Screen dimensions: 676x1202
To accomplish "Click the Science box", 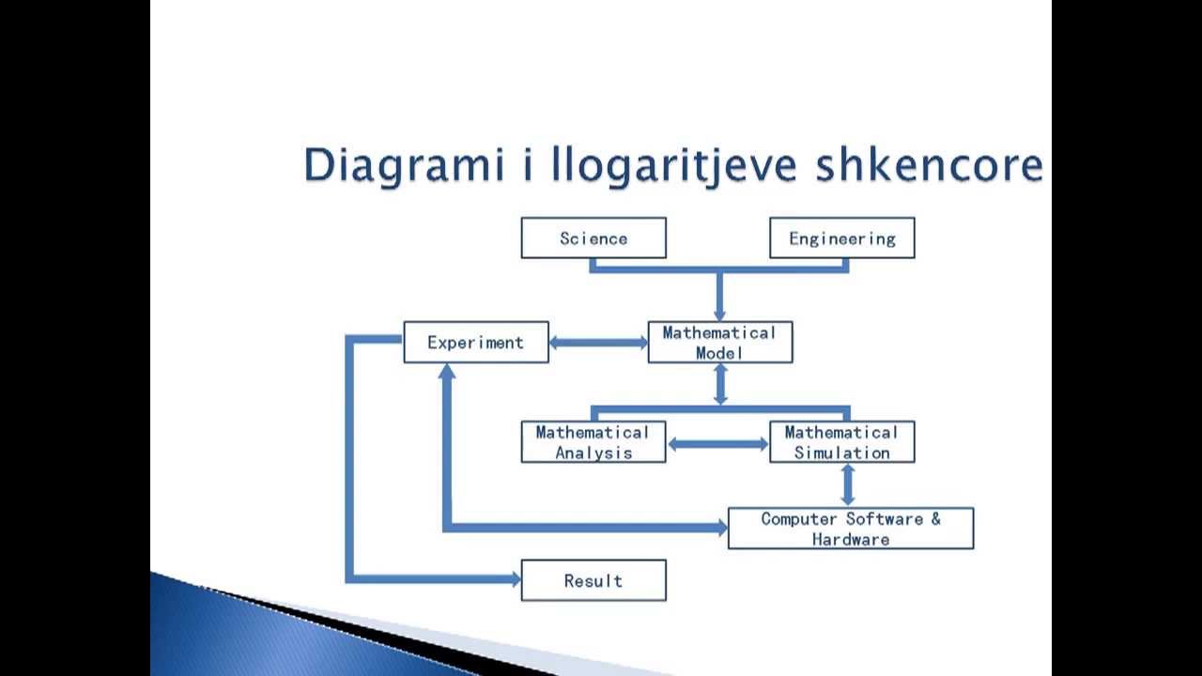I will pos(593,238).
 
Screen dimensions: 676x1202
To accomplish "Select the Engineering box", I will pos(841,238).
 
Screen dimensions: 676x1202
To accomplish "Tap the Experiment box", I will pos(476,343).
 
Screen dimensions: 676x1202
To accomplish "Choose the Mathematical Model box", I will pos(720,343).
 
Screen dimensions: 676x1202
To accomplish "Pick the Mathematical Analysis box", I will pos(593,442).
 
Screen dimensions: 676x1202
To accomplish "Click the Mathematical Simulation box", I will pos(841,442).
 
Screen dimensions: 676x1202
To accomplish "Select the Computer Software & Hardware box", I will pos(851,529).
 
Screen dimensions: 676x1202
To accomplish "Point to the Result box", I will pos(593,581).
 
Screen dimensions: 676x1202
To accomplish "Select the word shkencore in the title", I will pos(929,166).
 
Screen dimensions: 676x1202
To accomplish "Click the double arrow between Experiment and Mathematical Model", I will pos(598,343).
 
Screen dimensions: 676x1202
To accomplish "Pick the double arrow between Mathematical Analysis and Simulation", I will pos(717,444).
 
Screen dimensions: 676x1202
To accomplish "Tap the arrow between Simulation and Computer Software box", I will pos(848,484).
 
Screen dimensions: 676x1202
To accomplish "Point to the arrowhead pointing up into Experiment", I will pos(447,371).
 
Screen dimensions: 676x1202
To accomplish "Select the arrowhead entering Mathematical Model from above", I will pos(720,315).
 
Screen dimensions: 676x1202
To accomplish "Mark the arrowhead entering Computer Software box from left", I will pos(721,529).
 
